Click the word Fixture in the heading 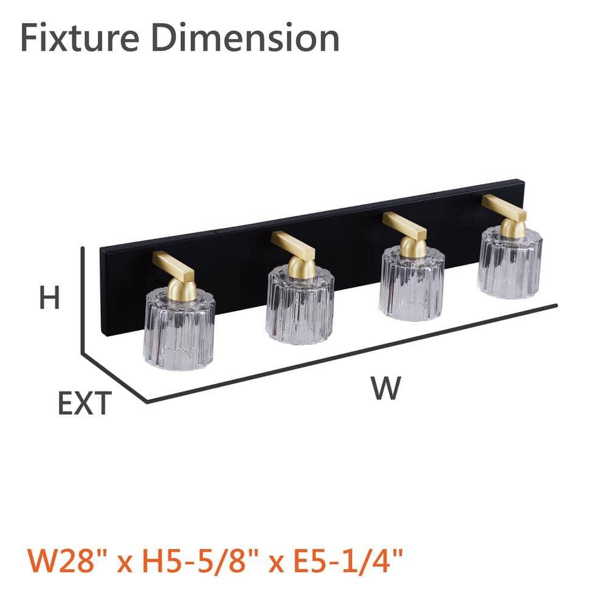(x=80, y=38)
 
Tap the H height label (x=50, y=297)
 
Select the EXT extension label (x=85, y=403)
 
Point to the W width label (x=385, y=388)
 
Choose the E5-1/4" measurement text (x=348, y=561)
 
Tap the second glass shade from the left (x=300, y=306)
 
